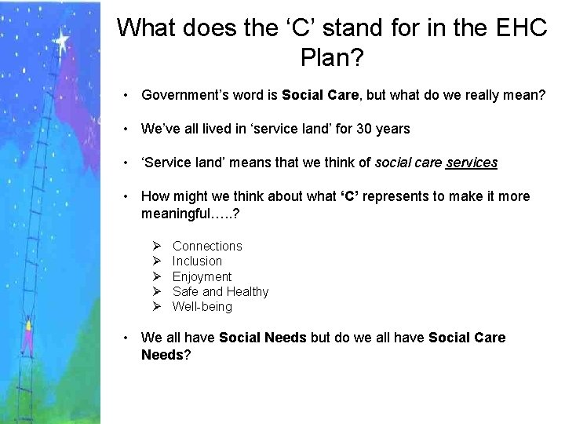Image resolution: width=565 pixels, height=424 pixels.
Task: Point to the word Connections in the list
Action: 207,247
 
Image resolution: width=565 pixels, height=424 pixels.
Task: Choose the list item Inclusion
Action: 197,261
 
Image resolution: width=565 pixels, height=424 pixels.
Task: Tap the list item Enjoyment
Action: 202,276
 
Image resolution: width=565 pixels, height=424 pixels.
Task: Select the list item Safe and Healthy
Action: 221,291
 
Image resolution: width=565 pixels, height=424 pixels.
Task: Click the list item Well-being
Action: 202,306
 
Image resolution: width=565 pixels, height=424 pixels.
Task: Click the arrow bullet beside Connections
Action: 157,247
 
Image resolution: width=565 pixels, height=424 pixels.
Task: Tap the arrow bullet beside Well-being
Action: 157,306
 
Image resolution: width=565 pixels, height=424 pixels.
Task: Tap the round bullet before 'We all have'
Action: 126,338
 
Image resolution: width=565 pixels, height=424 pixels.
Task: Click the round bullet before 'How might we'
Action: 126,196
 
